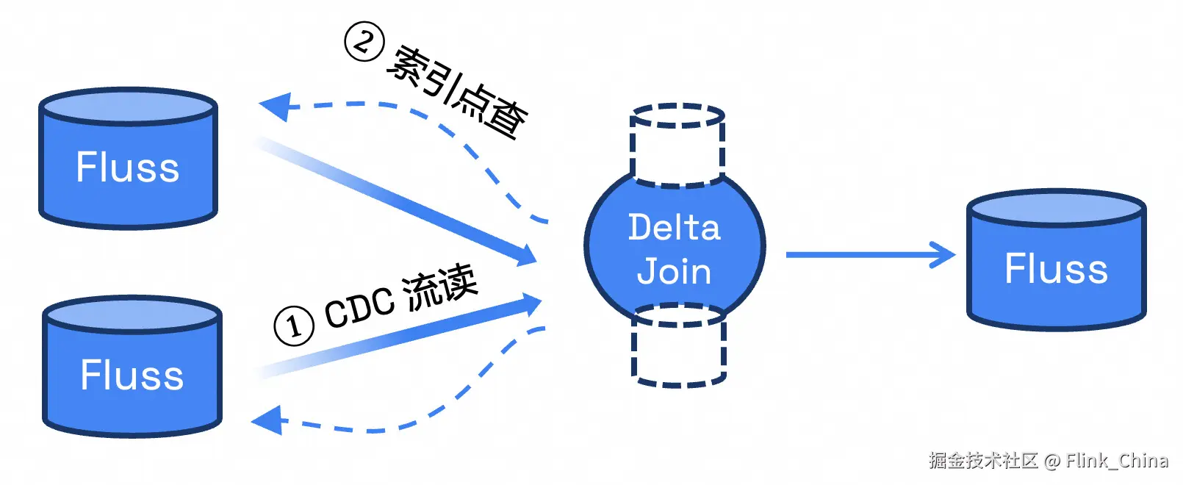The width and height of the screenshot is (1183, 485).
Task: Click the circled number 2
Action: coord(364,42)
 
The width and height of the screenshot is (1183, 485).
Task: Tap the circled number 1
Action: coord(294,326)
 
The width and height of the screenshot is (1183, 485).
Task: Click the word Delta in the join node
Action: coord(675,227)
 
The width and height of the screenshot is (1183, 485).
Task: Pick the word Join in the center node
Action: coord(675,271)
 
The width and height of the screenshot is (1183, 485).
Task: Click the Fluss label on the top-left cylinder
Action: coord(128,168)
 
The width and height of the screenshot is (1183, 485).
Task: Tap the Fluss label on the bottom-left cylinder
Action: coord(132,376)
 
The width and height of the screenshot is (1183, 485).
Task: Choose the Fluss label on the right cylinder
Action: coord(1056,269)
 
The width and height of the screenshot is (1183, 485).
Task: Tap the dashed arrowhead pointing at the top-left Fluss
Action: coord(274,107)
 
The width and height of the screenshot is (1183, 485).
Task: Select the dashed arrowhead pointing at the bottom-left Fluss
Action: coord(266,421)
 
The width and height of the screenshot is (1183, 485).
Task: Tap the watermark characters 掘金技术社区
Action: coord(983,461)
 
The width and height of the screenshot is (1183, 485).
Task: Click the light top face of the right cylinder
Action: coord(1056,208)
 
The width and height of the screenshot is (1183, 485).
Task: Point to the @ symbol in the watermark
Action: coord(1052,461)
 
